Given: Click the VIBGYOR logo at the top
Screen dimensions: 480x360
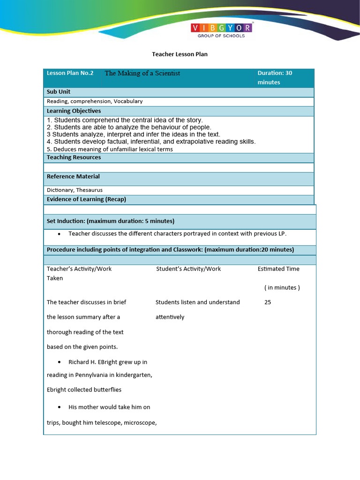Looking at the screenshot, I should pyautogui.click(x=221, y=30).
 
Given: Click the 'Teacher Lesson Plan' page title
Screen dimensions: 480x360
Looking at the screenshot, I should pyautogui.click(x=180, y=54).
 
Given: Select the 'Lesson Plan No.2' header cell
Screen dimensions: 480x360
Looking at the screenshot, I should pyautogui.click(x=70, y=73).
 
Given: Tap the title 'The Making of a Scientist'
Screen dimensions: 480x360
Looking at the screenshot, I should pyautogui.click(x=142, y=73).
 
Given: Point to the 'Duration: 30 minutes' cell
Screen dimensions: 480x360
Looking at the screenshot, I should pyautogui.click(x=275, y=78).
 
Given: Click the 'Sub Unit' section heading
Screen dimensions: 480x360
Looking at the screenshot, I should pyautogui.click(x=59, y=92).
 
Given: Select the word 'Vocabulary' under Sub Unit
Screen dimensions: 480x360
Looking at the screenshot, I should pyautogui.click(x=128, y=101).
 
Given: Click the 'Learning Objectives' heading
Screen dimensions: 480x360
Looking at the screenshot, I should pyautogui.click(x=74, y=111).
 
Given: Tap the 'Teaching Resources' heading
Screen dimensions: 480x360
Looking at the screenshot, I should pyautogui.click(x=74, y=157).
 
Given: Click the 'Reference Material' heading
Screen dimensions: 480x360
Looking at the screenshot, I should pyautogui.click(x=73, y=177).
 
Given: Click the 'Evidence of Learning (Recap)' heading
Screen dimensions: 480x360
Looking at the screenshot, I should pyautogui.click(x=86, y=199).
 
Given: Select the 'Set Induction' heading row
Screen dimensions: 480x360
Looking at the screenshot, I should pyautogui.click(x=111, y=221).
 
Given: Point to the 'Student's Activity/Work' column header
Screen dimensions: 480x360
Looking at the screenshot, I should pyautogui.click(x=188, y=269).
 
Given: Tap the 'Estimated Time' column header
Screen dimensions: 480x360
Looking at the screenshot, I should pyautogui.click(x=278, y=269).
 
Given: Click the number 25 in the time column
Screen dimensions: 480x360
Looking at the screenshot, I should pyautogui.click(x=268, y=302).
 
